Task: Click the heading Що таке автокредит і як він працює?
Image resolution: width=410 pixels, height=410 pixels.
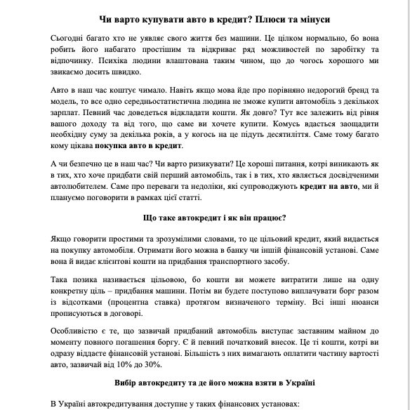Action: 204,218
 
